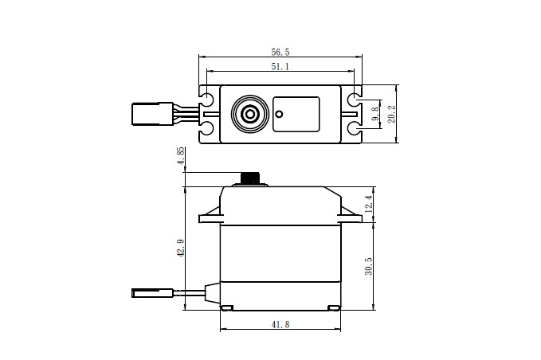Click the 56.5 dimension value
point(280,52)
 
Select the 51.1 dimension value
point(280,66)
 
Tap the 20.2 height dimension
point(391,114)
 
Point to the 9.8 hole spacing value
point(375,114)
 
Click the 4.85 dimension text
point(181,156)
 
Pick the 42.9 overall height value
point(181,248)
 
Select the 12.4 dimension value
point(368,204)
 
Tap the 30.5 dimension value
point(368,266)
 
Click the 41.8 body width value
point(280,324)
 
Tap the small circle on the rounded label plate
point(279,114)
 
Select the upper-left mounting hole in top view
point(207,100)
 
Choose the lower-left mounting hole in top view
point(207,128)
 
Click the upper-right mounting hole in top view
point(355,100)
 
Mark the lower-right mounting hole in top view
point(355,128)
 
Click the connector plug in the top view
point(152,113)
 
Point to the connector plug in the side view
point(152,293)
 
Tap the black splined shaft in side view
point(250,178)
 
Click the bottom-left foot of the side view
point(227,307)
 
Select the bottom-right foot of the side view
point(334,307)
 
